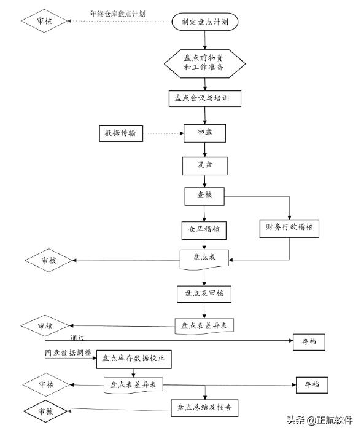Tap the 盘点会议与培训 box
[x=200, y=99]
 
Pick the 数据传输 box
[x=122, y=133]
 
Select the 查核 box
[x=205, y=196]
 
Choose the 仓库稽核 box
[x=204, y=230]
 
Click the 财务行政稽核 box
[x=290, y=229]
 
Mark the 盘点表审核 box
[x=204, y=293]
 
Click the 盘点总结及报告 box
[x=204, y=407]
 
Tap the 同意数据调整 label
[x=68, y=354]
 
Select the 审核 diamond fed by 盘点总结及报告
[x=47, y=410]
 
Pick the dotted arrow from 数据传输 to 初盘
[x=163, y=133]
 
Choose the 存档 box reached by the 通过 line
[x=310, y=341]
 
